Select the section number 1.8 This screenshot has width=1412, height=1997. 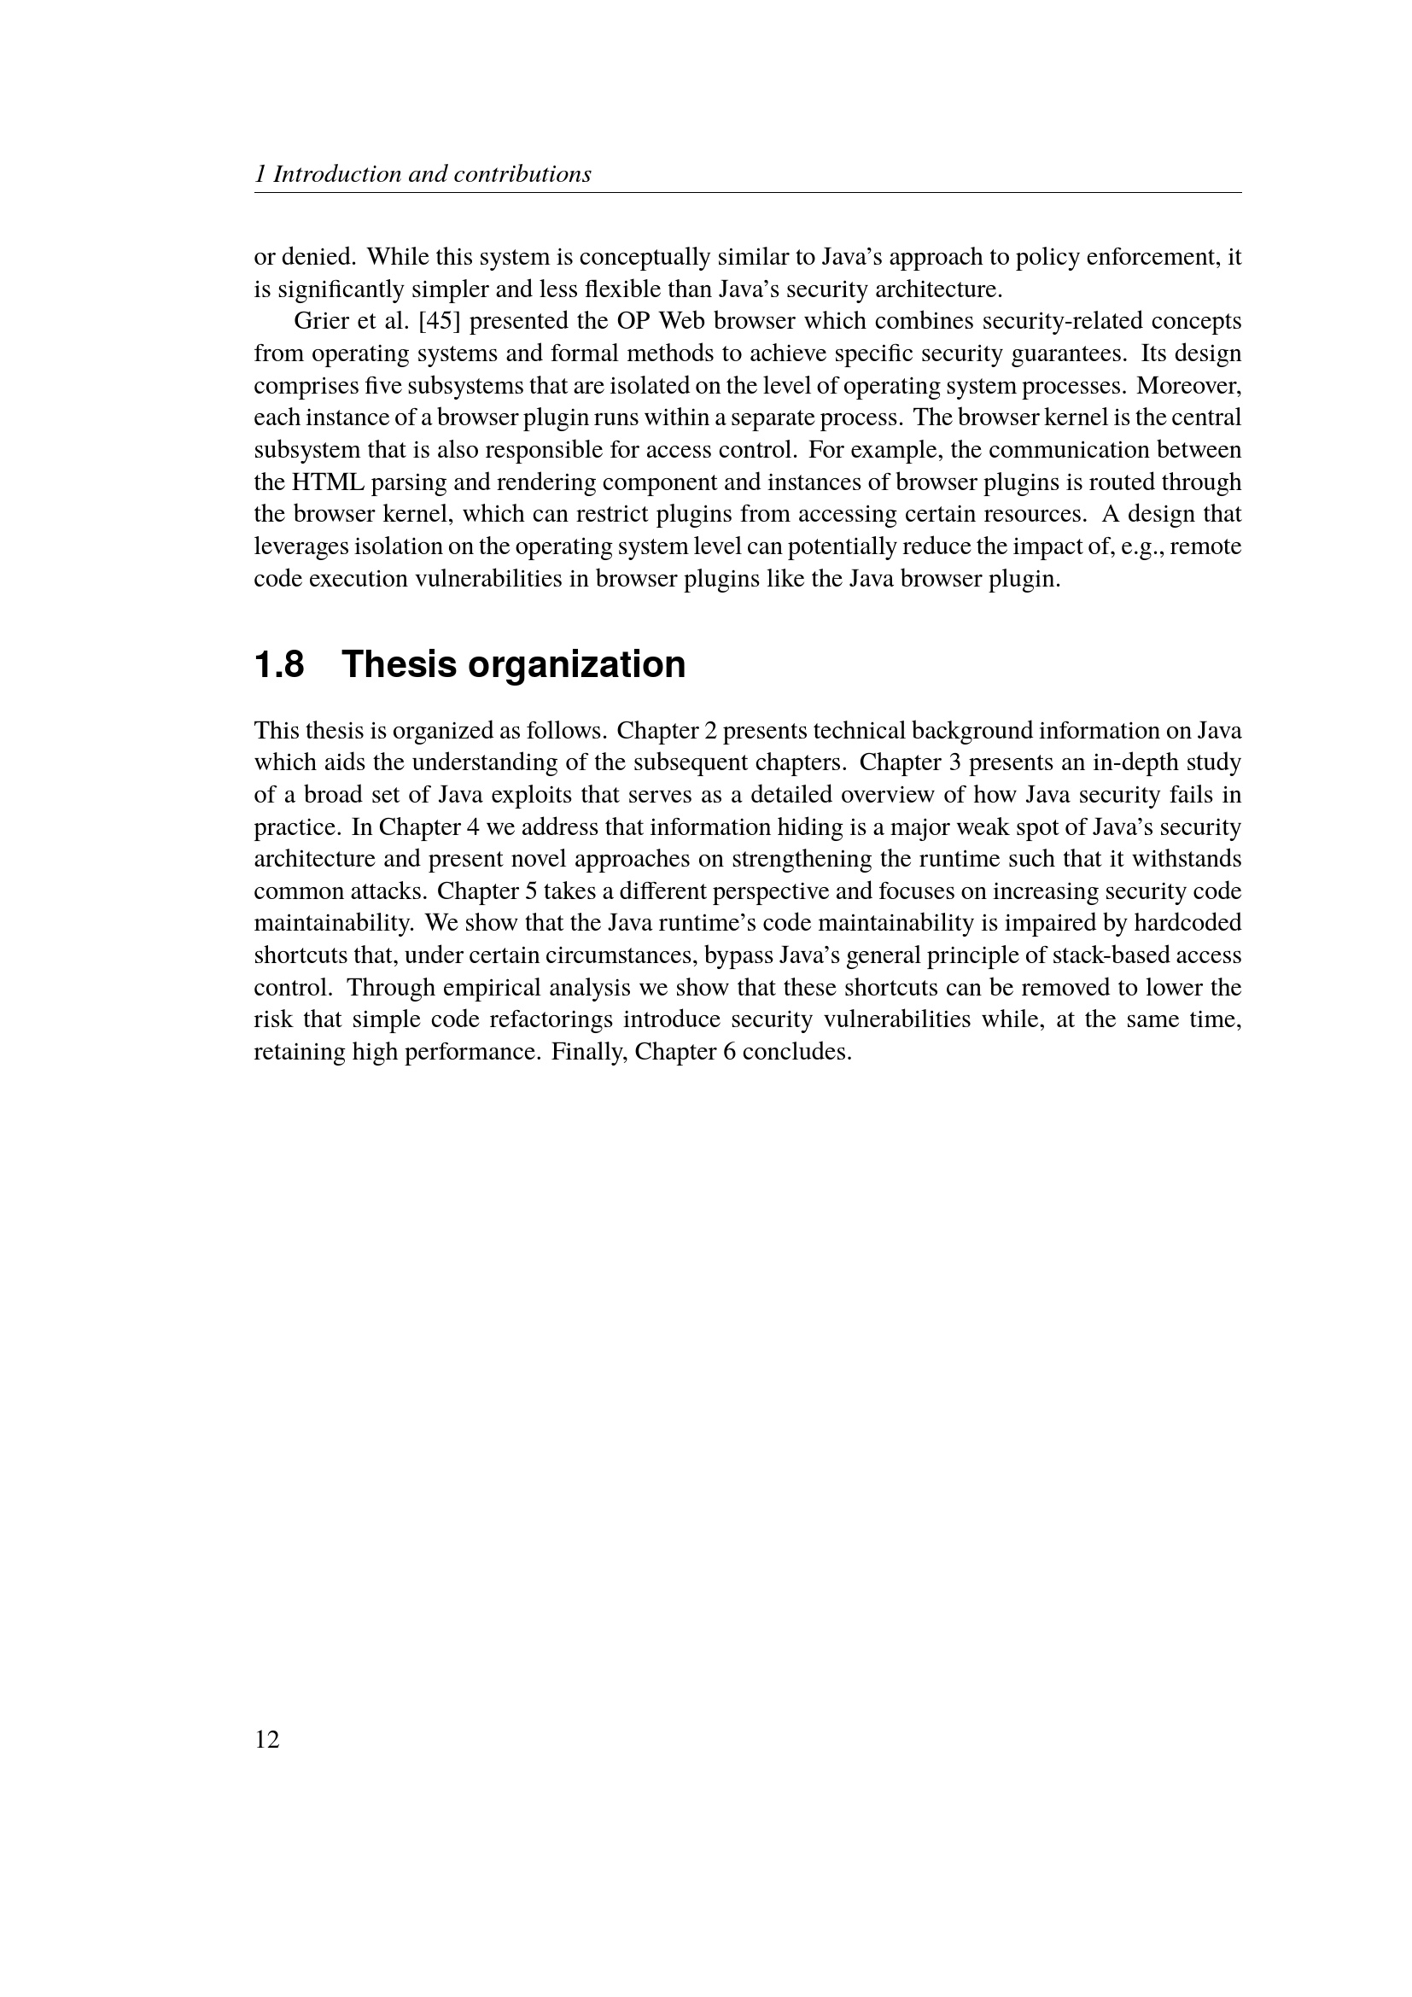click(279, 664)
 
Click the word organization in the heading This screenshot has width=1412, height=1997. click(576, 664)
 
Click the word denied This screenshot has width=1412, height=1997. click(318, 257)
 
